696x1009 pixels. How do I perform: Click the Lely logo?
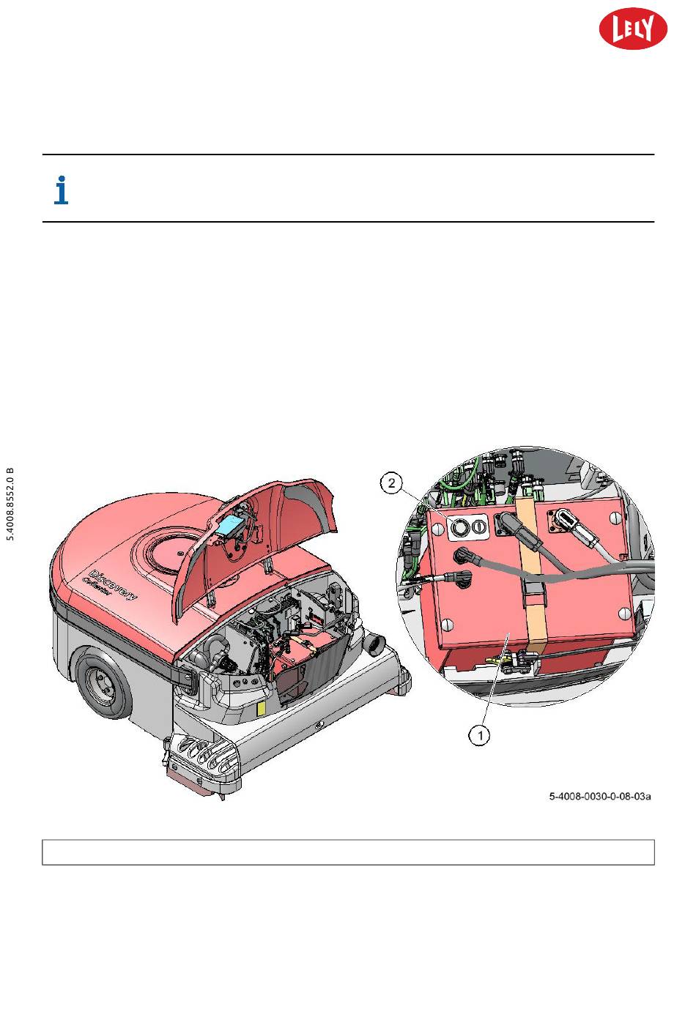tap(633, 30)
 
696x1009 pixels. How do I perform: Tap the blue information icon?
tap(62, 190)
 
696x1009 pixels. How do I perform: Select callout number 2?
tap(393, 483)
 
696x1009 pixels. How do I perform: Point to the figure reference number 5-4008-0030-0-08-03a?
tap(600, 797)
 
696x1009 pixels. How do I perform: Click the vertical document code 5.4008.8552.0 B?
tap(11, 503)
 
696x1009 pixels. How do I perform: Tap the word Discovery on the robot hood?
tap(113, 584)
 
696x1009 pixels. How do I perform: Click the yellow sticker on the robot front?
tap(259, 709)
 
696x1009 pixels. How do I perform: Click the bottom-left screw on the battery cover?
tap(449, 625)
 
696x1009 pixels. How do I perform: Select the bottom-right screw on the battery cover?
tap(624, 614)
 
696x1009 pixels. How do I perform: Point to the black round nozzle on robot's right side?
tap(376, 644)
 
